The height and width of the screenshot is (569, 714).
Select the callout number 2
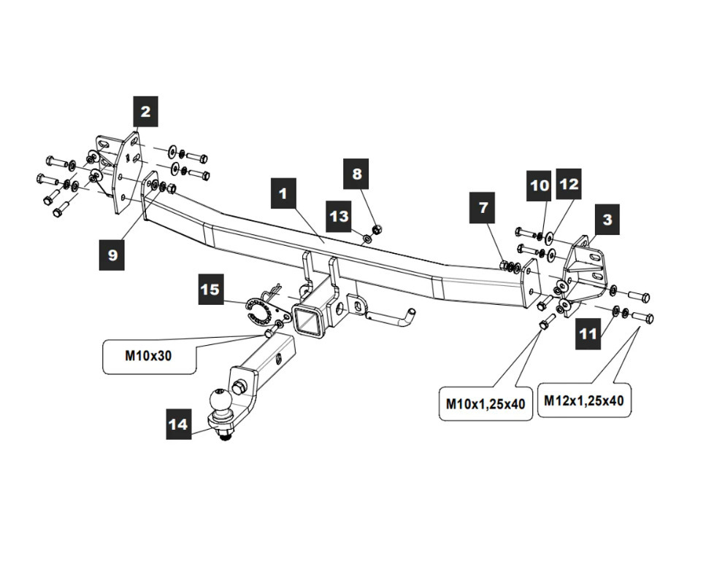pyautogui.click(x=145, y=112)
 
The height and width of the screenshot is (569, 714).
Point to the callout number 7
pyautogui.click(x=483, y=207)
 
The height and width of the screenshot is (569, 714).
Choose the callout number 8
pyautogui.click(x=357, y=174)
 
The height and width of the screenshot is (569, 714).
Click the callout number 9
pyautogui.click(x=112, y=255)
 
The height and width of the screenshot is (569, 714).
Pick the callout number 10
pyautogui.click(x=540, y=185)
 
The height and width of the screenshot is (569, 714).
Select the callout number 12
pyautogui.click(x=569, y=185)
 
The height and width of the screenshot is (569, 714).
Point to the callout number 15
pyautogui.click(x=210, y=290)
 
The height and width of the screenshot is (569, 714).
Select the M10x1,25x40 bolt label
pyautogui.click(x=485, y=403)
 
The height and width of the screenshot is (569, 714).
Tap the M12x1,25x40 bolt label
pyautogui.click(x=583, y=400)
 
